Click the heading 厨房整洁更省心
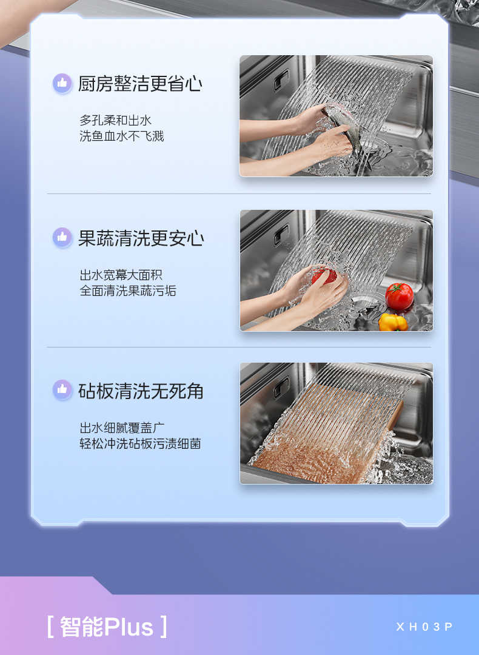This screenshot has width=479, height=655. (x=140, y=84)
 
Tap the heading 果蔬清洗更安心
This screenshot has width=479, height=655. (x=141, y=238)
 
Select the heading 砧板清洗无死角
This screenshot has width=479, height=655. (x=141, y=391)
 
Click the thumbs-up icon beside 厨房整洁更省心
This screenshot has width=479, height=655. (x=62, y=83)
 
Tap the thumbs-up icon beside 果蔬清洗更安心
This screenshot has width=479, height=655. (x=62, y=237)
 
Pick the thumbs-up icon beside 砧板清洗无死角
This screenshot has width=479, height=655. (x=62, y=389)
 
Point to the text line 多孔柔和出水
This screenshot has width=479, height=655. (x=115, y=120)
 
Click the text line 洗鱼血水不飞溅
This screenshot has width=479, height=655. (x=121, y=136)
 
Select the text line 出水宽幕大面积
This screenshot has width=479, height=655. (x=121, y=275)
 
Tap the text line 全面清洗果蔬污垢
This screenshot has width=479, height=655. (x=128, y=291)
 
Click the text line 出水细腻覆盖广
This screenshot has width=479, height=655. (x=122, y=428)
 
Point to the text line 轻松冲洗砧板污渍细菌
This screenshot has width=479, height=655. (x=140, y=443)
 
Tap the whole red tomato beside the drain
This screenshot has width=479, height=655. (x=399, y=296)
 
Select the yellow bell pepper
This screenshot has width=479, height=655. (x=393, y=323)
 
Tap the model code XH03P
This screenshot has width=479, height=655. (x=424, y=626)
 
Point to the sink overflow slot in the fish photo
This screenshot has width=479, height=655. (x=281, y=80)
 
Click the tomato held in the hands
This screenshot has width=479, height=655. (x=324, y=276)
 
